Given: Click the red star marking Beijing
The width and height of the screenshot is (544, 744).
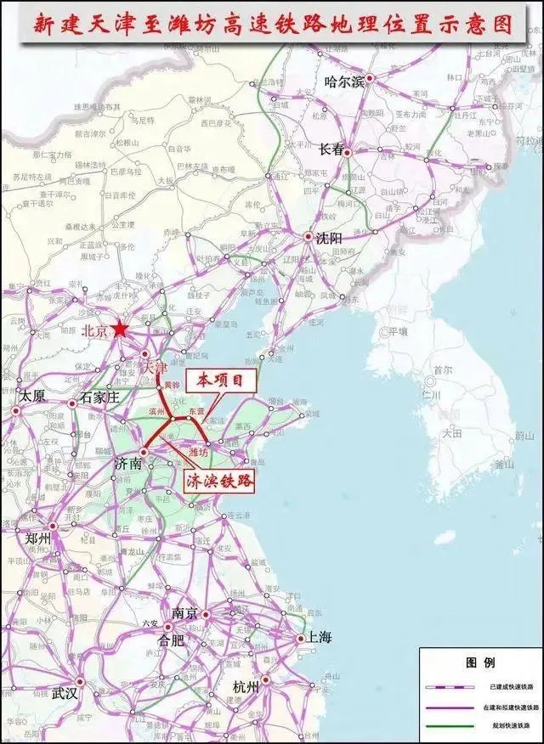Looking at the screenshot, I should [x=121, y=329].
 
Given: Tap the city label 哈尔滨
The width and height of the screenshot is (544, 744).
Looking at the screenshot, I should [x=344, y=82].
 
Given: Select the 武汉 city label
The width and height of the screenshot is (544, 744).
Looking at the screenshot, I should [x=65, y=693].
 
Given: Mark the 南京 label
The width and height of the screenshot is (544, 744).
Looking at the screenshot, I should [x=185, y=613].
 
